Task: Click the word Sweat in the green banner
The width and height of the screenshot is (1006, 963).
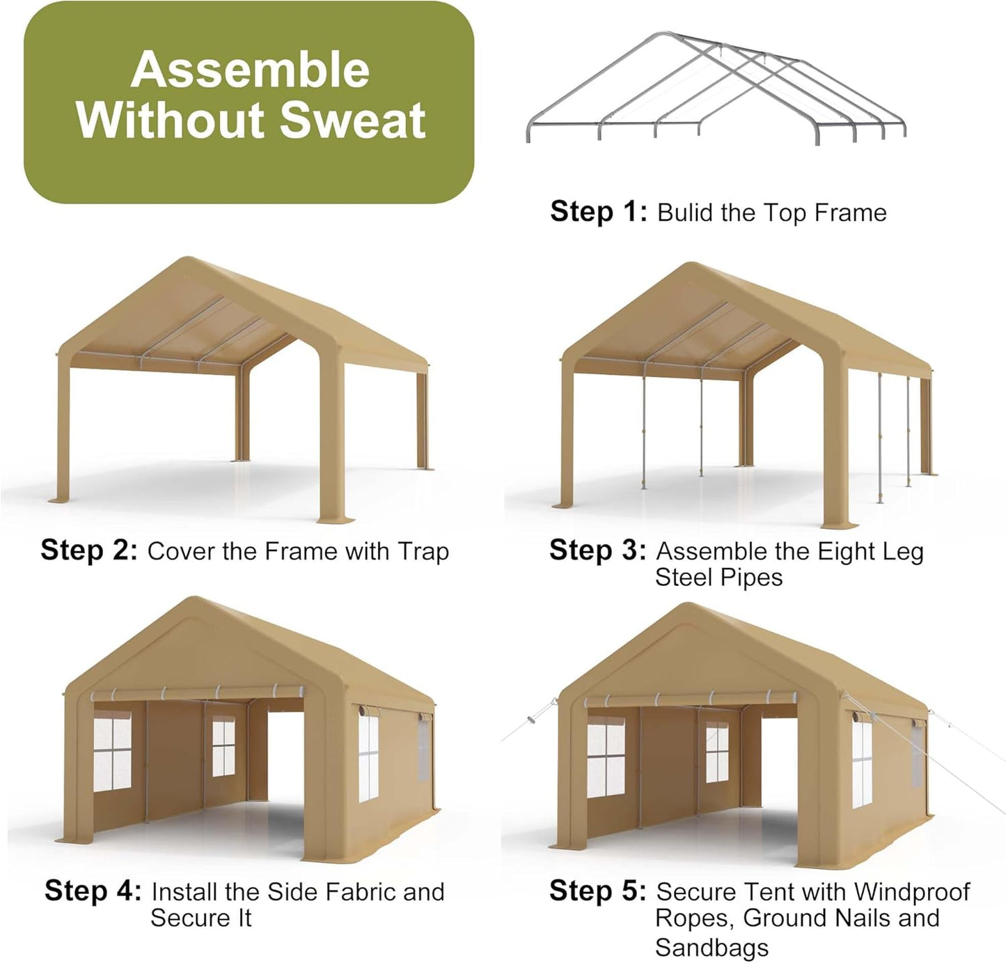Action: click(x=352, y=120)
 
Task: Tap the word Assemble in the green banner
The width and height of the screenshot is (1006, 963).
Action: click(x=250, y=70)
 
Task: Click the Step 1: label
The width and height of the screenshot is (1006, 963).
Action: click(x=598, y=211)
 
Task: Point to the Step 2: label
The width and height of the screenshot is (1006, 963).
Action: click(x=89, y=550)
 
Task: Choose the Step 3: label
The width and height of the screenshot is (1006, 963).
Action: click(x=598, y=550)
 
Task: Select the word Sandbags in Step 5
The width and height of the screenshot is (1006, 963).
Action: click(x=712, y=948)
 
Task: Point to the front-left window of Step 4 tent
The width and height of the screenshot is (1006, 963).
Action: click(x=112, y=751)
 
